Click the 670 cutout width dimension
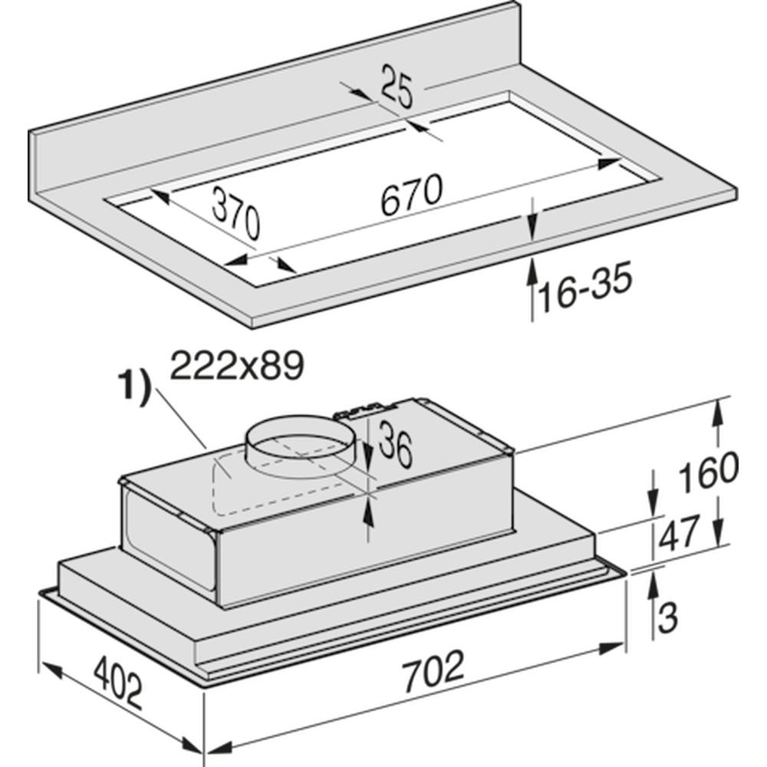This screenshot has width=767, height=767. [x=411, y=195]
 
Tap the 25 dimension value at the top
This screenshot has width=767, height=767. [x=397, y=87]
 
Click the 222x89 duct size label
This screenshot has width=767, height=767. [x=237, y=365]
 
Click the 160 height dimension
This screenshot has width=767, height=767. [x=708, y=472]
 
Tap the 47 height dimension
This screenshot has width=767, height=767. [x=678, y=533]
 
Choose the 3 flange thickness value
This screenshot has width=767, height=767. [x=667, y=617]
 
